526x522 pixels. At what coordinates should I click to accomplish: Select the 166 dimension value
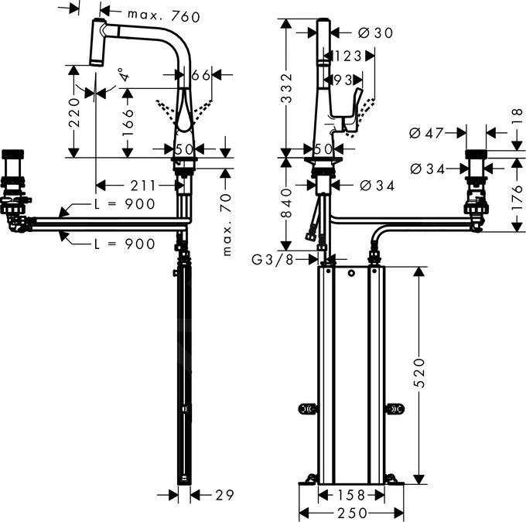click(128, 120)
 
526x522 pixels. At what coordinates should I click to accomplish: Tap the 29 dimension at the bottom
click(224, 494)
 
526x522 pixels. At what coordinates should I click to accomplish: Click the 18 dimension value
click(516, 113)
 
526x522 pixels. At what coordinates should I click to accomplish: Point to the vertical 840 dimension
click(286, 203)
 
